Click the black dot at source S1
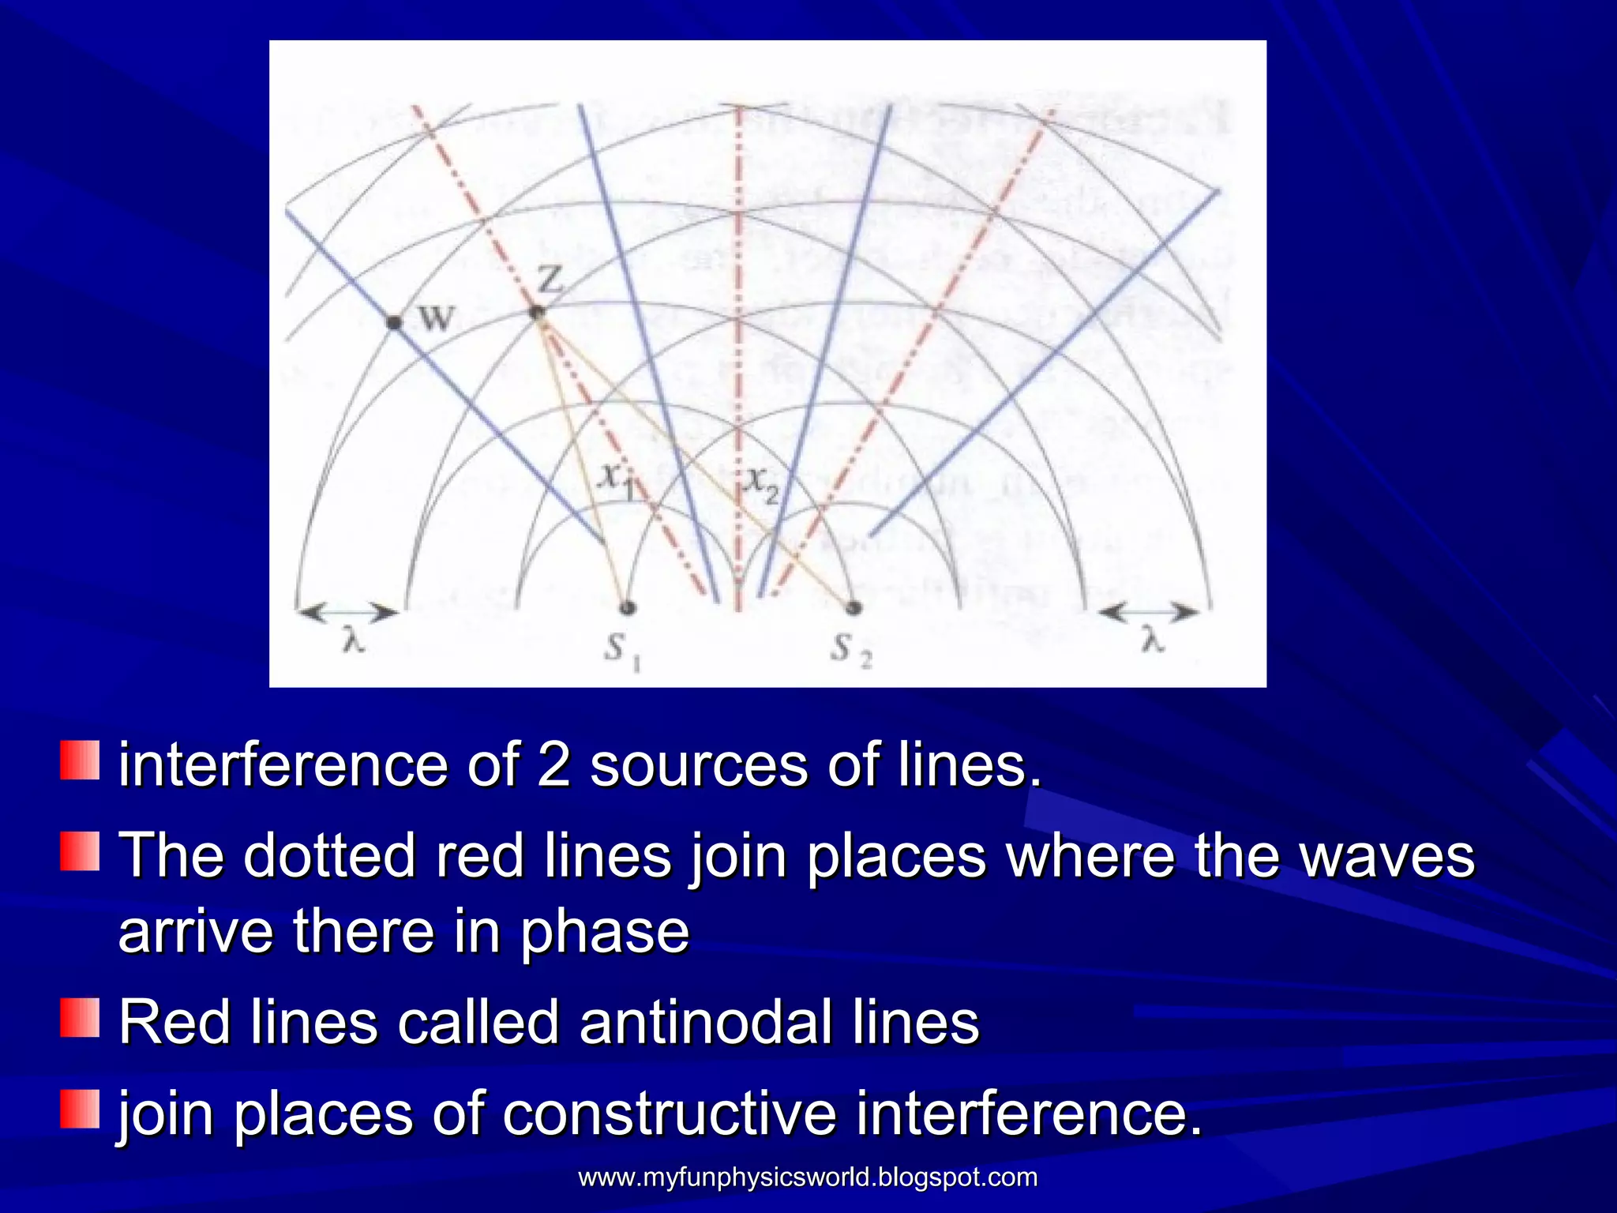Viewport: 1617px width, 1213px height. [x=628, y=607]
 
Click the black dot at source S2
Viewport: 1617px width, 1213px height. [x=853, y=607]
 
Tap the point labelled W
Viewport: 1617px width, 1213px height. [x=394, y=321]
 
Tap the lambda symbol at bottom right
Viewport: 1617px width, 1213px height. [x=1154, y=641]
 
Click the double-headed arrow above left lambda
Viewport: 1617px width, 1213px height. [x=347, y=612]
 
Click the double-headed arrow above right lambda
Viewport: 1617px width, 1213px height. [x=1149, y=612]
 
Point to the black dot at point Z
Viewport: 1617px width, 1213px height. [x=537, y=313]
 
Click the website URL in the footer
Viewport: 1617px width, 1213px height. [x=808, y=1177]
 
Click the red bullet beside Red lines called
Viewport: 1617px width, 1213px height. [x=80, y=1018]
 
